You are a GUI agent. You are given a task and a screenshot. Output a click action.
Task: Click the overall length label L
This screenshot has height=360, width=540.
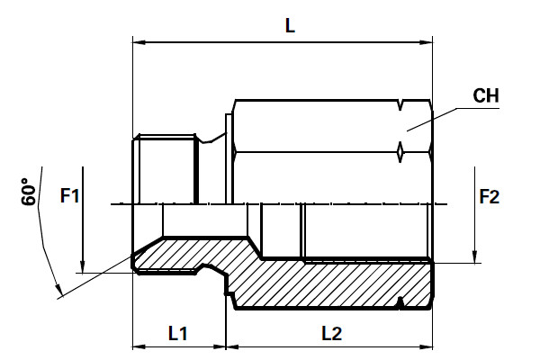pyautogui.click(x=289, y=27)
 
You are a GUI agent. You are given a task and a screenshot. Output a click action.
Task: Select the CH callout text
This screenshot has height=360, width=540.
pyautogui.click(x=485, y=96)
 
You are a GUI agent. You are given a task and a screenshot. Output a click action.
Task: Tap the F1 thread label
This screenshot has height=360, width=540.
pyautogui.click(x=70, y=195)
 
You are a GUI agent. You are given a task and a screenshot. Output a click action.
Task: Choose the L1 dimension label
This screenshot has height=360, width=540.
pyautogui.click(x=178, y=333)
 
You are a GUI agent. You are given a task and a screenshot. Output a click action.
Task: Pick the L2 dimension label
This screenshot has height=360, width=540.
pyautogui.click(x=331, y=333)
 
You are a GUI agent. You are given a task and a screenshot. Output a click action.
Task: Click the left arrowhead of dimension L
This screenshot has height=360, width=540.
pyautogui.click(x=138, y=41)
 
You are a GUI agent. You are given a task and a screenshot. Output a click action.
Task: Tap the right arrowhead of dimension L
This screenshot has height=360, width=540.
pyautogui.click(x=427, y=41)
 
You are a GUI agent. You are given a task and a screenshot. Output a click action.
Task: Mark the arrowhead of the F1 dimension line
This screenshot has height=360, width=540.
pyautogui.click(x=82, y=267)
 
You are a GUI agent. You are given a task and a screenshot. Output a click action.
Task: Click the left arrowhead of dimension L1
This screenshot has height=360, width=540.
pyautogui.click(x=138, y=346)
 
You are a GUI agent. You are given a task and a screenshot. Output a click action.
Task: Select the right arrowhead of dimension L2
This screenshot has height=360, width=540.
pyautogui.click(x=427, y=346)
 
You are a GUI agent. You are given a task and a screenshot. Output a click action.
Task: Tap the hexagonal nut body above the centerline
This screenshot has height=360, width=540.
pyautogui.click(x=315, y=130)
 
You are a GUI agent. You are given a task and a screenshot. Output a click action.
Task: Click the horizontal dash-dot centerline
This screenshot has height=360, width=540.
pyautogui.click(x=270, y=203)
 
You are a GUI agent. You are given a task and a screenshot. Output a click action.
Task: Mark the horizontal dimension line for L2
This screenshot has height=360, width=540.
pyautogui.click(x=270, y=346)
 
